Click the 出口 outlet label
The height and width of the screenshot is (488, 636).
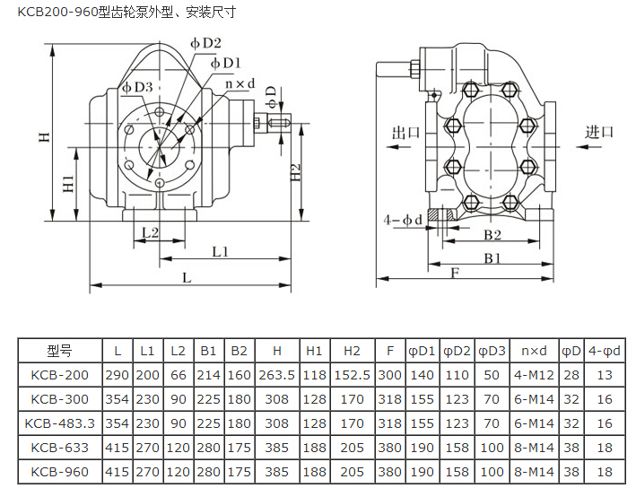(406, 133)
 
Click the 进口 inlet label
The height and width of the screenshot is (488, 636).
(600, 132)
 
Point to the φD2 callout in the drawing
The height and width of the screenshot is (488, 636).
(206, 43)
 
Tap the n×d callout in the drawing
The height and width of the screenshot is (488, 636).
(240, 84)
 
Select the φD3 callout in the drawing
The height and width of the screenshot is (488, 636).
(138, 87)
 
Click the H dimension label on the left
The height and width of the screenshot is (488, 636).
(44, 137)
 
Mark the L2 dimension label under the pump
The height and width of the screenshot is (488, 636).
(149, 231)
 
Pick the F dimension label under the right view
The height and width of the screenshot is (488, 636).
(456, 273)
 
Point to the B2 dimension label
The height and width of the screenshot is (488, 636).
(492, 235)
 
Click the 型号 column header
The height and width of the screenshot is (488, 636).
(59, 351)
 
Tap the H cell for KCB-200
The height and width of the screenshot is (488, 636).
(276, 375)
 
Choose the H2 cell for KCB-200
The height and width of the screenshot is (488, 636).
(351, 375)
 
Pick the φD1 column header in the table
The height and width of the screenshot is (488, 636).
(421, 351)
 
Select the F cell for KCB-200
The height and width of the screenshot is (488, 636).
(389, 375)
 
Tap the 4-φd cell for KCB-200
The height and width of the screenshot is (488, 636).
(604, 375)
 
